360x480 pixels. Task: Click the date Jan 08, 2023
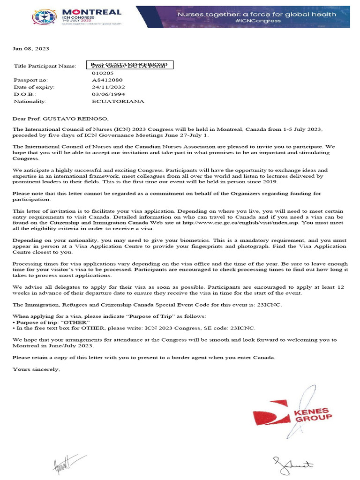[31, 49]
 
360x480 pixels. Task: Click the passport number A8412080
[107, 80]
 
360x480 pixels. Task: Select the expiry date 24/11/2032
[109, 87]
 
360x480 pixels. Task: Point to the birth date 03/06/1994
[109, 94]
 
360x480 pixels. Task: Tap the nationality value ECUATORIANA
[118, 101]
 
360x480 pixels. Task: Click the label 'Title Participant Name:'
[45, 66]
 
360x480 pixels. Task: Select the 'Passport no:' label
[31, 80]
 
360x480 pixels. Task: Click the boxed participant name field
[130, 65]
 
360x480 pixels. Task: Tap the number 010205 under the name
[103, 73]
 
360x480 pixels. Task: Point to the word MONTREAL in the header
[91, 12]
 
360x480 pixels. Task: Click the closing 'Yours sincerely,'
[37, 369]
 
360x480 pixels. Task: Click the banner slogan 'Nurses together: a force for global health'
[256, 14]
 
